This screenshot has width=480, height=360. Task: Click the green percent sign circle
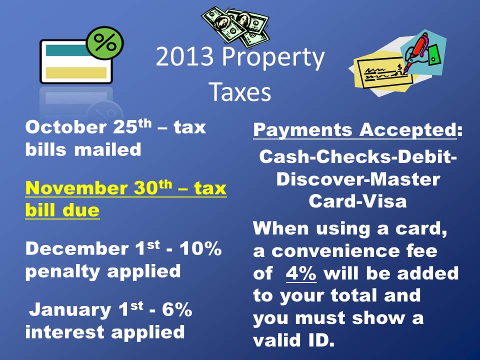tap(104, 42)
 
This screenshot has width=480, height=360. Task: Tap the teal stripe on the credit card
tap(68, 50)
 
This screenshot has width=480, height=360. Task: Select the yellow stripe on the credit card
tap(76, 73)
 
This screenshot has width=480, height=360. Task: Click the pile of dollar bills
tap(235, 26)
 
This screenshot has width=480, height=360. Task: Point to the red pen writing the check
tap(415, 52)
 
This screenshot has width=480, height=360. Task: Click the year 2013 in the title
tap(184, 56)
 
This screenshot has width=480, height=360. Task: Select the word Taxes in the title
tap(240, 91)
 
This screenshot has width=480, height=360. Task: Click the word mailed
tap(108, 149)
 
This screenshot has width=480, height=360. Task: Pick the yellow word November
tap(76, 187)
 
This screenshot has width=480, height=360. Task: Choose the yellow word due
tap(81, 210)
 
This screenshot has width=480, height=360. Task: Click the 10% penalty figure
tap(200, 248)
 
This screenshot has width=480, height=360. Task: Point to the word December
tap(77, 248)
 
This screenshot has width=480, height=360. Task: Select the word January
tap(70, 310)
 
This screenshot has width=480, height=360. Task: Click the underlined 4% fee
tap(301, 273)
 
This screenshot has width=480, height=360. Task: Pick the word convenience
tap(335, 251)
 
